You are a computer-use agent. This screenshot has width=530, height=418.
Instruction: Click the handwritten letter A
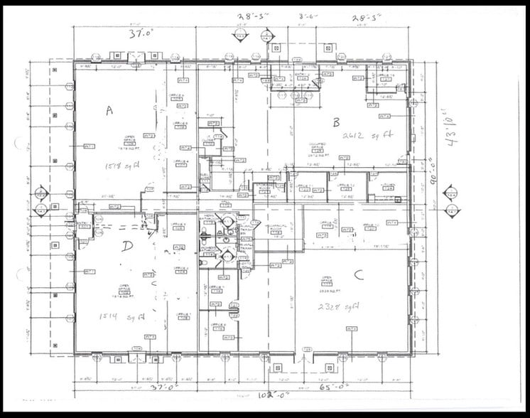[x=109, y=109]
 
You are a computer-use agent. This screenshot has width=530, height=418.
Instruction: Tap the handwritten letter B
[x=337, y=122]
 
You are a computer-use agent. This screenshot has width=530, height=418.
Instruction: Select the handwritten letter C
[x=358, y=276]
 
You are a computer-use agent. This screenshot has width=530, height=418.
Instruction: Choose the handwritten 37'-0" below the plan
[x=163, y=388]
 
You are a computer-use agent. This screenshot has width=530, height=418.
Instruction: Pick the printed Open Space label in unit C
[x=328, y=279]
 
